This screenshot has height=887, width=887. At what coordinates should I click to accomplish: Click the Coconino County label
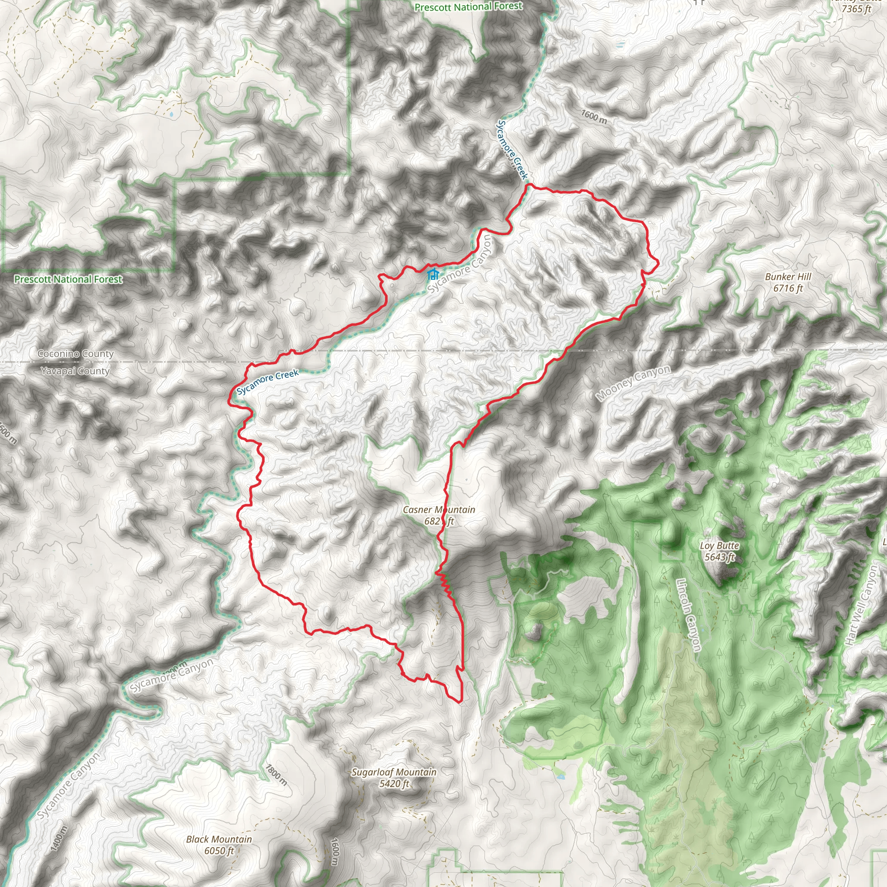click(x=76, y=354)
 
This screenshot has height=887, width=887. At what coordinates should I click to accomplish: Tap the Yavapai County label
click(x=76, y=371)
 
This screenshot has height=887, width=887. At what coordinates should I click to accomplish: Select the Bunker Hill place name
click(x=788, y=277)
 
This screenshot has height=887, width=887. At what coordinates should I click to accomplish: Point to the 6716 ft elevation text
click(x=788, y=288)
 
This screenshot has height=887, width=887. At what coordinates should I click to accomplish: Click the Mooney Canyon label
click(x=633, y=383)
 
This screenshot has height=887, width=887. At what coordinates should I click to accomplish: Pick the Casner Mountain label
click(x=438, y=510)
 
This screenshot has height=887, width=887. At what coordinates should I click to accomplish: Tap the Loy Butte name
click(x=719, y=545)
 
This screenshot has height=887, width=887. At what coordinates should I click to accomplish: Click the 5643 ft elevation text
click(x=719, y=557)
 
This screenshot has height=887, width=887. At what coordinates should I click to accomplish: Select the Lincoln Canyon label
click(x=689, y=615)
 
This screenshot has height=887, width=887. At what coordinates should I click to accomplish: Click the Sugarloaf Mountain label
click(x=394, y=772)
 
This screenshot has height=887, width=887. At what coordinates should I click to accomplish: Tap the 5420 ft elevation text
click(x=394, y=783)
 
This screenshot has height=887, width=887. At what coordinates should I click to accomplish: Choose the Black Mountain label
click(x=219, y=839)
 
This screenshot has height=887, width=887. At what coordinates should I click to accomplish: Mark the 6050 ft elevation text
click(x=219, y=851)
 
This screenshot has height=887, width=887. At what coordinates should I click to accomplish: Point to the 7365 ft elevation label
click(x=856, y=9)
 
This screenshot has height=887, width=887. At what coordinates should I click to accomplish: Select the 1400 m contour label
click(x=60, y=839)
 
